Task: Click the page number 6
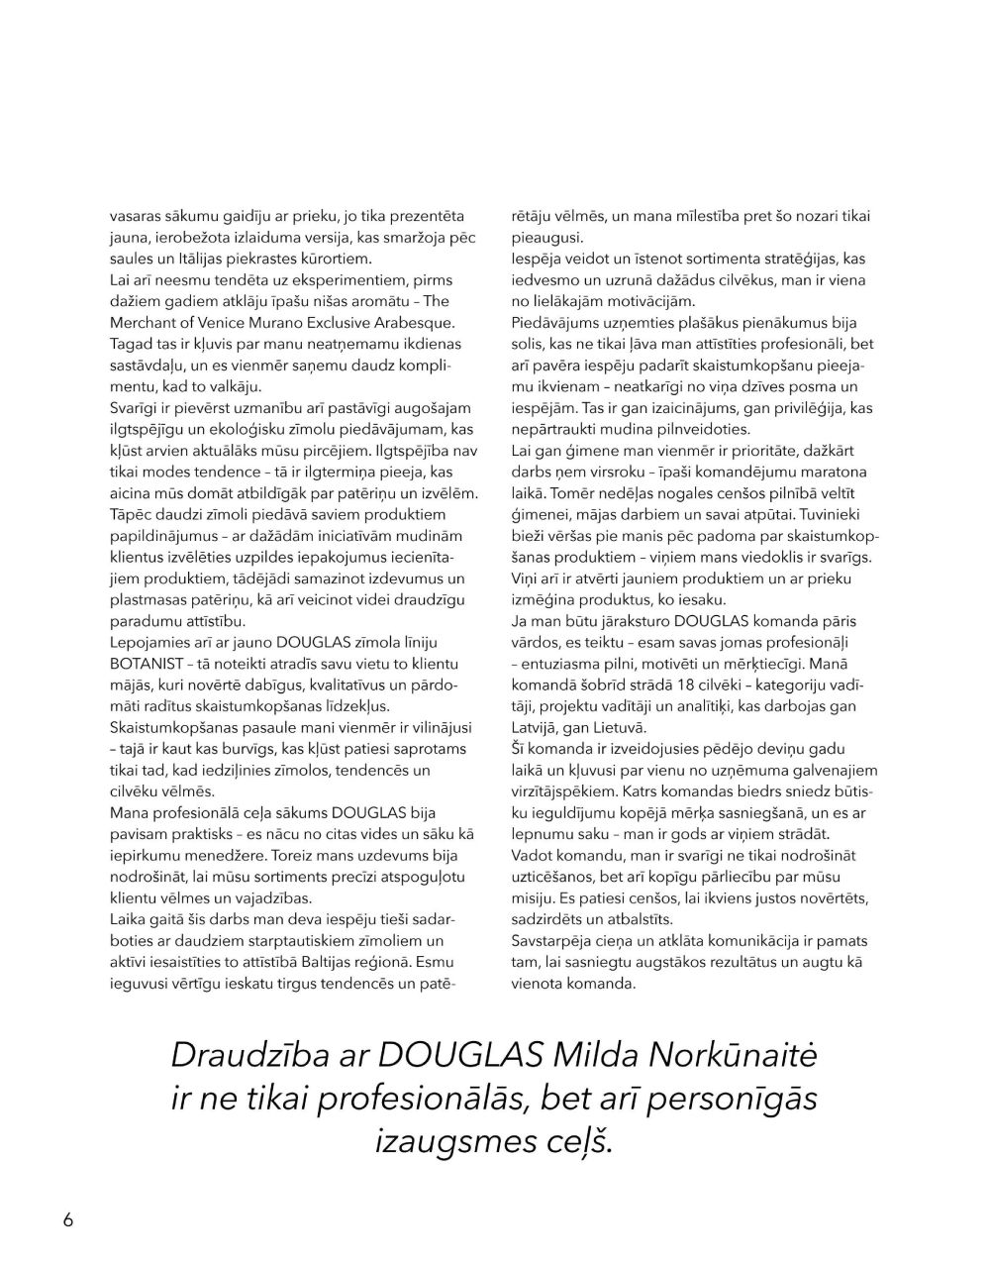68,1219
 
